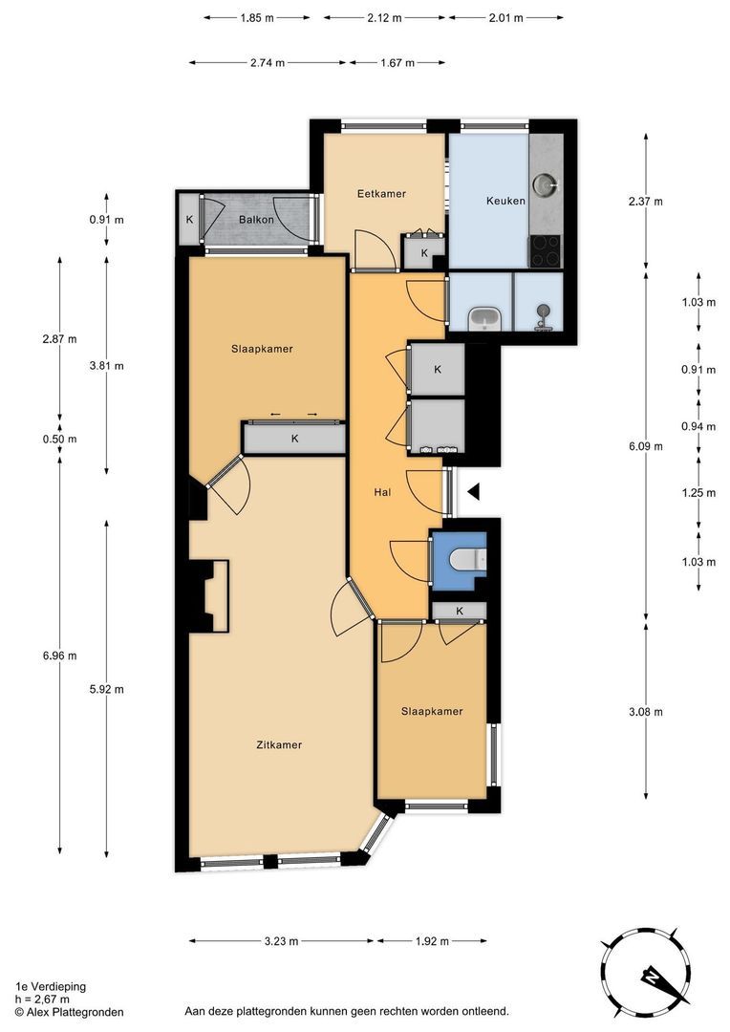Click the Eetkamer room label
click(x=381, y=193)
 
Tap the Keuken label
click(x=505, y=201)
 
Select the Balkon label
click(x=256, y=219)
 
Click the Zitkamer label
click(x=279, y=745)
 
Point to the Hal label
click(x=382, y=492)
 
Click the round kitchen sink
click(x=545, y=185)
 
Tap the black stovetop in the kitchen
click(x=545, y=251)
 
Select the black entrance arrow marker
click(x=474, y=491)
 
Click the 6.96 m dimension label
click(x=59, y=656)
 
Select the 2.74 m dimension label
click(x=268, y=63)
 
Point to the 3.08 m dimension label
click(x=646, y=712)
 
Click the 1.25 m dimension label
click(x=698, y=493)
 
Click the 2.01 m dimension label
click(x=505, y=18)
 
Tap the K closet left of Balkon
click(x=189, y=220)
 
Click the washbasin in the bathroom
click(x=485, y=319)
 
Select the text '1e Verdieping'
click(x=51, y=986)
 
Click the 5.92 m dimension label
click(x=107, y=690)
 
